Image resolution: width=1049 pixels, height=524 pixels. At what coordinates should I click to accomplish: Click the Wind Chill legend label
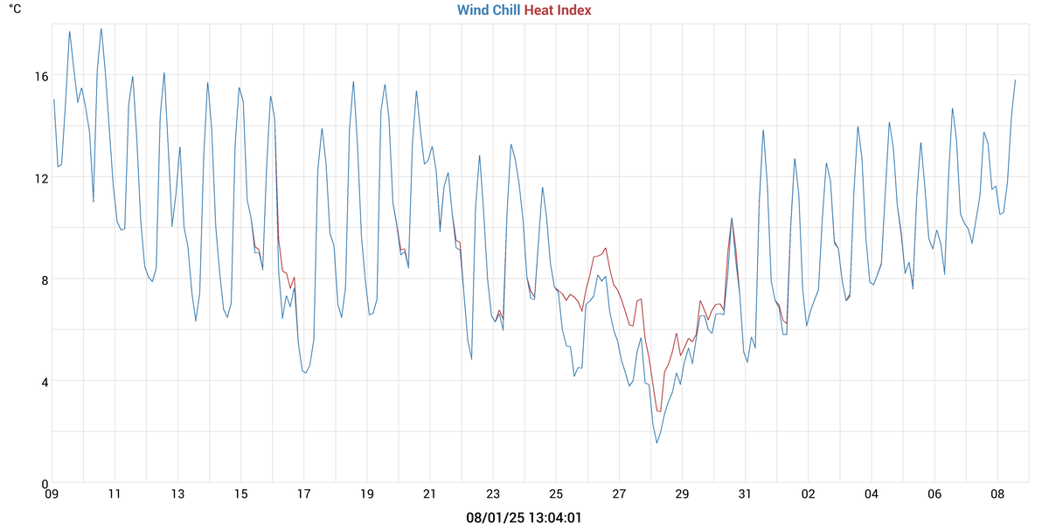[x=488, y=10]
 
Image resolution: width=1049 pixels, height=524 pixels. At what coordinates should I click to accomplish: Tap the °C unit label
[x=15, y=9]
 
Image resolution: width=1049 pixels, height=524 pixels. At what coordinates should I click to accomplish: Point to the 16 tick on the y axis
[x=41, y=76]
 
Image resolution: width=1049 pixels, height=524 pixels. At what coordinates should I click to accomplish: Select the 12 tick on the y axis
[x=41, y=177]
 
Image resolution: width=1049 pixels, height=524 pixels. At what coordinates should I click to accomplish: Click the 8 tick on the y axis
[x=44, y=279]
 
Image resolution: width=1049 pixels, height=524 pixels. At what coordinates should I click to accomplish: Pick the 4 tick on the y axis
[x=44, y=381]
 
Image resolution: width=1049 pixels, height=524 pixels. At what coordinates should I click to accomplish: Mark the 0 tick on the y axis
[x=44, y=483]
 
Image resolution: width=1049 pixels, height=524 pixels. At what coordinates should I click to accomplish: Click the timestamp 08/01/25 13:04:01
[x=524, y=517]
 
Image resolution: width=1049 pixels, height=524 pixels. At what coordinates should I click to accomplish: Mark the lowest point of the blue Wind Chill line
[x=656, y=443]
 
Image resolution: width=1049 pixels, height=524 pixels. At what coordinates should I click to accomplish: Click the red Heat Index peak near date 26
[x=605, y=248]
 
